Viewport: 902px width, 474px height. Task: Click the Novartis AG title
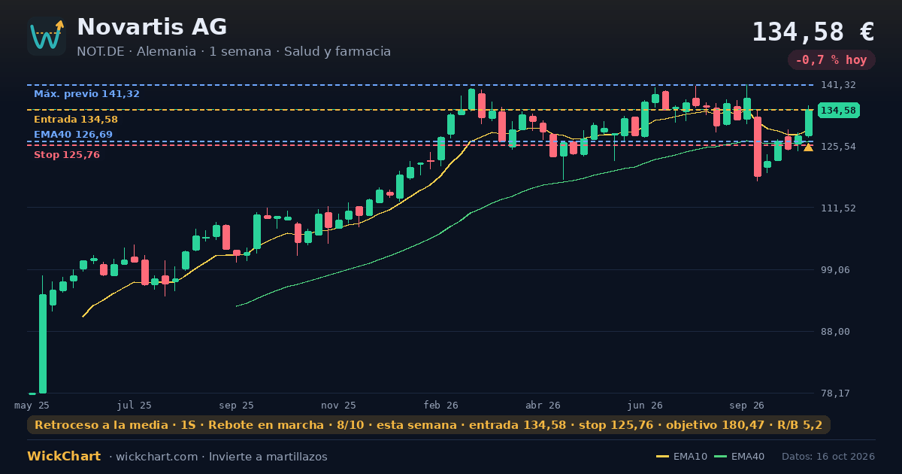[x=152, y=27]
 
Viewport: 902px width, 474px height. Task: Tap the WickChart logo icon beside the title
[x=47, y=36]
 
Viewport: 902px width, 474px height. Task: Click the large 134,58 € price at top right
[x=813, y=32]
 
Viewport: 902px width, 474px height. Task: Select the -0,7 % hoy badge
[x=831, y=60]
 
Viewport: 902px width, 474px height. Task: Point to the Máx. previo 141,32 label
[x=86, y=94]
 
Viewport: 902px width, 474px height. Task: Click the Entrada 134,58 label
[x=76, y=120]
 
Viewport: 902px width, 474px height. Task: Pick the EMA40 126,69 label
[x=74, y=134]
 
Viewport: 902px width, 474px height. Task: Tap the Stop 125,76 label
[x=67, y=155]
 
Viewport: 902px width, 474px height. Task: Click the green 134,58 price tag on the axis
[x=838, y=110]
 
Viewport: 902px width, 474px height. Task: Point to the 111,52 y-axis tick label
[x=838, y=208]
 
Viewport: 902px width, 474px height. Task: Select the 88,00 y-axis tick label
[x=835, y=331]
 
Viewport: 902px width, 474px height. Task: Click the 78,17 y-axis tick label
[x=835, y=393]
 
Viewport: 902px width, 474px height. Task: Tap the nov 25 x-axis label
[x=338, y=406]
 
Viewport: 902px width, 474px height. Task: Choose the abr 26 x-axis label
[x=543, y=406]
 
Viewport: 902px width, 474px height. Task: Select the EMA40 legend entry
[x=739, y=457]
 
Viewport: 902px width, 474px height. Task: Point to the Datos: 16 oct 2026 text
[x=828, y=457]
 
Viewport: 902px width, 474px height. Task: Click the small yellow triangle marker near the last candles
[x=808, y=148]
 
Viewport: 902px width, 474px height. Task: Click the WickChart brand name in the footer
[x=64, y=456]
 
